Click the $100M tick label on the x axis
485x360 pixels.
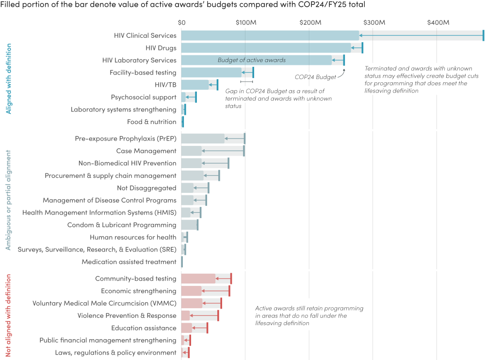click(x=245, y=23)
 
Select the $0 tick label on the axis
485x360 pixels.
click(x=182, y=23)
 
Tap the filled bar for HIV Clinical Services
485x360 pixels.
click(x=270, y=35)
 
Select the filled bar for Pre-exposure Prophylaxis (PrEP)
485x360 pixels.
click(x=203, y=139)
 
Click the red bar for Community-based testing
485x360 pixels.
click(x=198, y=279)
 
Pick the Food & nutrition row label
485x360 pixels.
click(x=151, y=122)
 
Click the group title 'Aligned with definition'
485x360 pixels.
click(x=8, y=78)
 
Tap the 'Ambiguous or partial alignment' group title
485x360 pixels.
click(x=8, y=200)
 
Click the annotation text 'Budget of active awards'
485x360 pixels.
click(x=251, y=60)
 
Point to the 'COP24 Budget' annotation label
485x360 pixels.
click(x=315, y=77)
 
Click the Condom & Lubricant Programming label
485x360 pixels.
click(x=121, y=225)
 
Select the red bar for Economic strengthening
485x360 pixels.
click(x=191, y=291)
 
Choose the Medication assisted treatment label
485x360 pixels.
click(x=129, y=262)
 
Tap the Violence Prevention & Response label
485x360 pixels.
click(x=127, y=316)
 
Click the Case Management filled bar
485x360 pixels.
click(x=191, y=151)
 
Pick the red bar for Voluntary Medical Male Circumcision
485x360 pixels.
click(x=192, y=303)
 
